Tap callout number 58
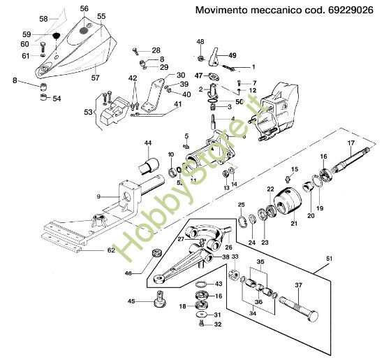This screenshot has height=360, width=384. pos(43,19)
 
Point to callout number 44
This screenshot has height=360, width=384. pos(147,143)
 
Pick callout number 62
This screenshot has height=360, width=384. pos(111,250)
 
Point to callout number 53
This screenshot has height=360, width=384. pos(88,112)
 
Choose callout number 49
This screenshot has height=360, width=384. pos(232,55)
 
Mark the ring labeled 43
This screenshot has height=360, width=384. pos(200,285)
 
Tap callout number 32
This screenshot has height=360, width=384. pos(218,325)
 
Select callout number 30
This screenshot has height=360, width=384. pos(180,75)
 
